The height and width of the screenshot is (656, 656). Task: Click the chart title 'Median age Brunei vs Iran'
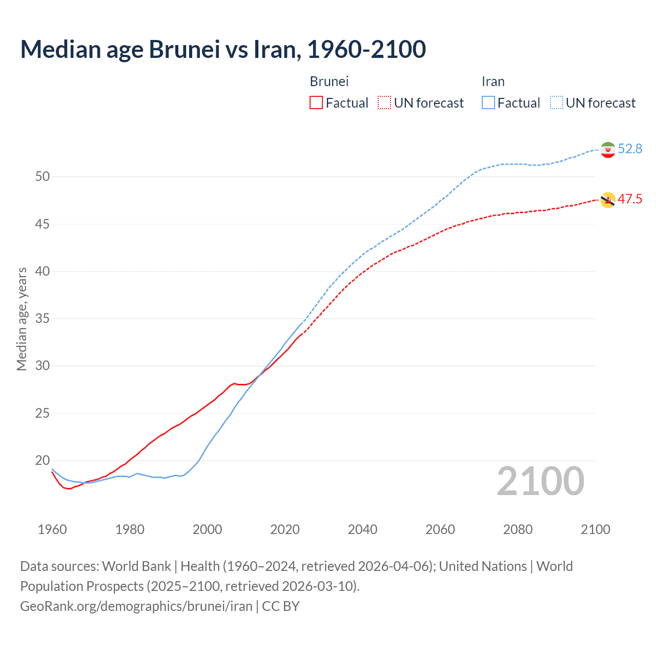coord(223,49)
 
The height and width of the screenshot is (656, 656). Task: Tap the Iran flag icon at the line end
coord(608,150)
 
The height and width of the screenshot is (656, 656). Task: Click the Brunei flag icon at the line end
coord(608,200)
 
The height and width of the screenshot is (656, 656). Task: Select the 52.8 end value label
coord(630,149)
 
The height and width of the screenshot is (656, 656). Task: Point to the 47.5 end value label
coord(630,199)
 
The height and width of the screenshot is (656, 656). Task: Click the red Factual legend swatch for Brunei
coord(316,103)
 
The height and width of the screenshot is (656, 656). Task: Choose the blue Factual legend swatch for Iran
coord(488,103)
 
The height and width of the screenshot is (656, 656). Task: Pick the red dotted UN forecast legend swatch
coord(384,103)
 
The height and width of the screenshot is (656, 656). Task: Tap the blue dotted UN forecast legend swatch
coord(557,103)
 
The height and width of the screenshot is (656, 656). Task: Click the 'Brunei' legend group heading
coord(329,81)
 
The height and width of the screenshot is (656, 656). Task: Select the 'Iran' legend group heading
coord(493,81)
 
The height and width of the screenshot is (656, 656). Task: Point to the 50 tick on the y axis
coord(43,177)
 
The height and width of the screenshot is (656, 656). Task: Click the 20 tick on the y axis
coord(43,460)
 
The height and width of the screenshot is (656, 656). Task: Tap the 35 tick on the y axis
coord(43,319)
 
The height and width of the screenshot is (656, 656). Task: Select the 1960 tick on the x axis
coord(52,529)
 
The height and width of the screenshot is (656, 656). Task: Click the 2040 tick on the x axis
coord(362,529)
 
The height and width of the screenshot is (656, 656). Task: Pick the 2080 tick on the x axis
coord(518,529)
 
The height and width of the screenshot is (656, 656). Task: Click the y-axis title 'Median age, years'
coord(22,319)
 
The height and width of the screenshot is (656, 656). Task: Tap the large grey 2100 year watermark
coord(540,481)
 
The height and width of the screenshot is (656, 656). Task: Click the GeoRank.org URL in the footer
coord(136,606)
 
